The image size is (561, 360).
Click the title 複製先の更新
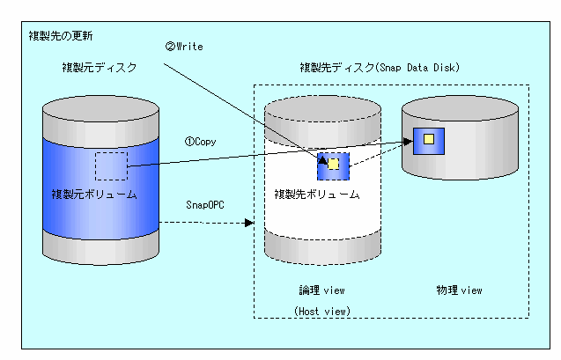click(61, 36)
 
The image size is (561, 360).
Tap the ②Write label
click(184, 47)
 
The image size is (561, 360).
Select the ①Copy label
click(201, 142)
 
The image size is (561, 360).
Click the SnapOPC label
click(205, 205)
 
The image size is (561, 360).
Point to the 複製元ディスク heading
click(100, 67)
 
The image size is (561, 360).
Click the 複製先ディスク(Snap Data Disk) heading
click(380, 67)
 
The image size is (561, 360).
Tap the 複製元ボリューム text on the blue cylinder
click(94, 195)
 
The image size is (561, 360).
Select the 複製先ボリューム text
click(317, 195)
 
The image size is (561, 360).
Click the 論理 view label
click(321, 290)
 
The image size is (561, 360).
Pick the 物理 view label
click(459, 290)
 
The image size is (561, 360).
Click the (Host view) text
click(322, 311)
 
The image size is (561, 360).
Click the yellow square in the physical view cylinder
click(429, 139)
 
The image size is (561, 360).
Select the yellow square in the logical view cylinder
click(333, 164)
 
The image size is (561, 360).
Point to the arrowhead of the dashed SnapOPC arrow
click(249, 223)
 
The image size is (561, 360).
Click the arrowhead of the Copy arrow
click(408, 142)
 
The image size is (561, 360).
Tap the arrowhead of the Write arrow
click(323, 160)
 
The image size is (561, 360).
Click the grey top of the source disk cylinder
click(100, 108)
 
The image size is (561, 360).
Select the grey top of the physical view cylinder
click(460, 108)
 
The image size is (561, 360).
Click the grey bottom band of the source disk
click(100, 249)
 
